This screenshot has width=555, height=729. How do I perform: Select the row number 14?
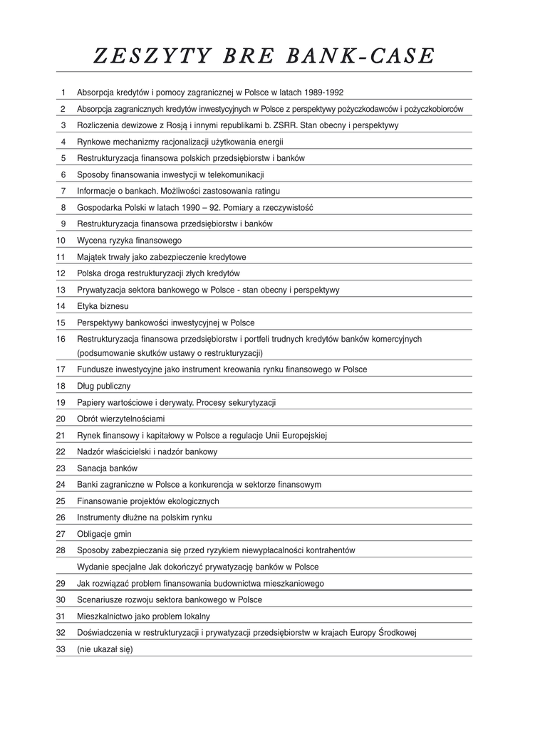[x=61, y=306]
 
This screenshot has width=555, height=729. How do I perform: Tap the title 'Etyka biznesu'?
[x=103, y=306]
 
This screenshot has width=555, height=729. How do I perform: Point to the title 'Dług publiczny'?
[x=103, y=386]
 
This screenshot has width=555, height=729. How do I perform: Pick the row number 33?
[x=61, y=649]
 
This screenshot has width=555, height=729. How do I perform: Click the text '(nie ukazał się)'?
[x=105, y=649]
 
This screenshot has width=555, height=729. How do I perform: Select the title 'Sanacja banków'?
[x=107, y=468]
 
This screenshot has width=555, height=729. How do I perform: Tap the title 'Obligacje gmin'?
[x=104, y=534]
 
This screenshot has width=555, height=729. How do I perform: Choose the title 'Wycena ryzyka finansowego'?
[x=129, y=241]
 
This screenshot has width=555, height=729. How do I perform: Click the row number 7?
[x=63, y=191]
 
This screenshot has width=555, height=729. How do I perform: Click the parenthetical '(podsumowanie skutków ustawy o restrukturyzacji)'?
[x=170, y=353]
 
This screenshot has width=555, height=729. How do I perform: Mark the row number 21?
[x=61, y=435]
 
